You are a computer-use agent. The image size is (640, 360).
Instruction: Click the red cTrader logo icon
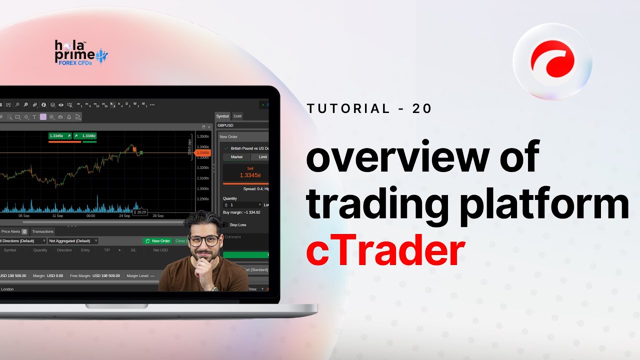click(552, 61)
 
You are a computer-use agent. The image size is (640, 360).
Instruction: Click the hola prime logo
click(80, 52)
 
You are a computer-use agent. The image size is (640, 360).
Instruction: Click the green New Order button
click(157, 241)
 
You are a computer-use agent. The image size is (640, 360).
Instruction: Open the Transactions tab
click(42, 231)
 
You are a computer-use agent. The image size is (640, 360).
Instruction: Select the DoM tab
click(237, 116)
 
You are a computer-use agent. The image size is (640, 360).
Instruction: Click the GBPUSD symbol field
click(240, 125)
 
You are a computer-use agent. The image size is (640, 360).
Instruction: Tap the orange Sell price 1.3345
click(249, 175)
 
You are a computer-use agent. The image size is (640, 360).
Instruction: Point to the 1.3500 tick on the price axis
click(202, 136)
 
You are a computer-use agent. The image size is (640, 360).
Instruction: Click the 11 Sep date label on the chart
click(57, 216)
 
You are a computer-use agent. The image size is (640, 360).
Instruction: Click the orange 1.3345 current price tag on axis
click(203, 152)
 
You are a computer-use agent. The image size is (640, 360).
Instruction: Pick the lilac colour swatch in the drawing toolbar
click(43, 117)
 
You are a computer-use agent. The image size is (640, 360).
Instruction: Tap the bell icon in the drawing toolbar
click(69, 117)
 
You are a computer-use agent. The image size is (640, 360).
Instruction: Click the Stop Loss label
click(238, 225)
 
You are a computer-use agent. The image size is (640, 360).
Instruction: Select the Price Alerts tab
click(11, 231)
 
